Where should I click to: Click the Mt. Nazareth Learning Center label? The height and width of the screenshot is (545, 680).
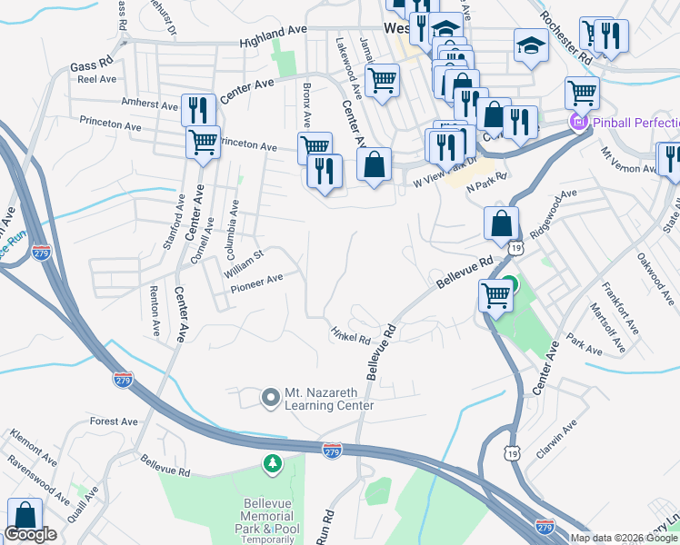329,399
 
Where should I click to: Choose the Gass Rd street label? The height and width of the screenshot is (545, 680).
91,65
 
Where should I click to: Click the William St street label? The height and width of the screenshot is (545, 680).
244,262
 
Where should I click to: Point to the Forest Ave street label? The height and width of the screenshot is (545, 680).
115,421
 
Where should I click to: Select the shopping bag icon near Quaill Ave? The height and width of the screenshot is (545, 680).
25,514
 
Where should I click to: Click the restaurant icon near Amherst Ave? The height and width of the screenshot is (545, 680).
197,111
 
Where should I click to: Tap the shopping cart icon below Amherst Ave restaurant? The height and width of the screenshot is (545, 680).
204,142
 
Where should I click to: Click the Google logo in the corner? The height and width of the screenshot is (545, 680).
31,534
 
